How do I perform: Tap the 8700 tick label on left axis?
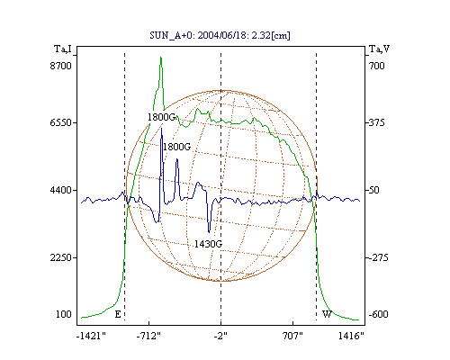pyautogui.click(x=61, y=66)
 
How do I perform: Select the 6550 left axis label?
pyautogui.click(x=61, y=122)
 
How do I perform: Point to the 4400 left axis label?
pyautogui.click(x=61, y=190)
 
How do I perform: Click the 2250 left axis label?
pyautogui.click(x=61, y=257)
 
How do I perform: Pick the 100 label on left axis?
pyautogui.click(x=64, y=314)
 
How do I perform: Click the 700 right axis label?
pyautogui.click(x=377, y=66)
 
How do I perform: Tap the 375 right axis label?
pyautogui.click(x=377, y=122)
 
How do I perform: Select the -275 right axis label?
pyautogui.click(x=379, y=257)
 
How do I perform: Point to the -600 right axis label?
pyautogui.click(x=379, y=314)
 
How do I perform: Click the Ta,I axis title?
pyautogui.click(x=63, y=49)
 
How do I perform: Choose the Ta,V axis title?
pyautogui.click(x=380, y=49)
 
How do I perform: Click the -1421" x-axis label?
pyautogui.click(x=91, y=336)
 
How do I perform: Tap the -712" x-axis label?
pyautogui.click(x=148, y=336)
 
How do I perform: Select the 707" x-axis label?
pyautogui.click(x=292, y=336)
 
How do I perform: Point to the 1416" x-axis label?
pyautogui.click(x=351, y=336)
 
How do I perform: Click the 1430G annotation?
pyautogui.click(x=208, y=244)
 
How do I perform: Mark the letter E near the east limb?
pyautogui.click(x=118, y=314)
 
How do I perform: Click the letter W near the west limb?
pyautogui.click(x=327, y=314)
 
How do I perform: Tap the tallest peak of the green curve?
pyautogui.click(x=161, y=58)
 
